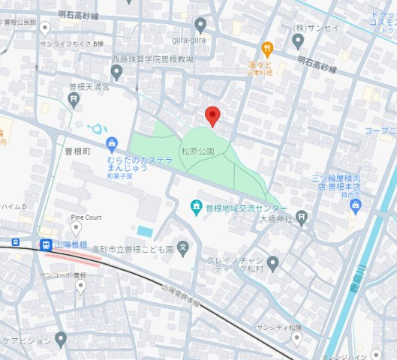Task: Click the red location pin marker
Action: coord(212,115)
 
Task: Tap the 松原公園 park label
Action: coord(197,151)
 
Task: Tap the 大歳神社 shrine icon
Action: coord(301,218)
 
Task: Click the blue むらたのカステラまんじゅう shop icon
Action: coord(112,142)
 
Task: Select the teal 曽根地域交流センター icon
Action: coord(195,206)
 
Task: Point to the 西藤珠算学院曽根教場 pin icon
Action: coord(116,72)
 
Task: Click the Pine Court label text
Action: coord(86,217)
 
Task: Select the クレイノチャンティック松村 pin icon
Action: coord(272,263)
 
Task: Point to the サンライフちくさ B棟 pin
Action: coord(45,29)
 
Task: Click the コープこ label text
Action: coord(380,130)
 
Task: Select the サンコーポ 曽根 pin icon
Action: coord(81,285)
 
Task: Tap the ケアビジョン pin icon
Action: coord(61,339)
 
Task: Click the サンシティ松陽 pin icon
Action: coord(296,339)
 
